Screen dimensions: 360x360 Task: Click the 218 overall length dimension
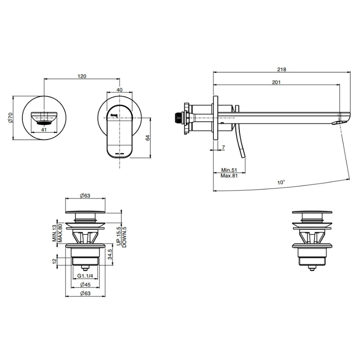coord(282,69)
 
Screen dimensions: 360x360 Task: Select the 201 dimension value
coord(276,82)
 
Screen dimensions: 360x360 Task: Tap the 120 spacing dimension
coord(82,76)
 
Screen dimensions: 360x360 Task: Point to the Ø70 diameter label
coord(11,117)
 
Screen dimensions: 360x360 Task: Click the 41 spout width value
coord(44,130)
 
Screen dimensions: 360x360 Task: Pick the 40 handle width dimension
coord(119,90)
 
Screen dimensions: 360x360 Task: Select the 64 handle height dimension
coord(148,138)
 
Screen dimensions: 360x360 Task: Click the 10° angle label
coord(281,183)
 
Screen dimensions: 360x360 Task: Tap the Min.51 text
coord(229,170)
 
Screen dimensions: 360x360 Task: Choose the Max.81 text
coord(229,176)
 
